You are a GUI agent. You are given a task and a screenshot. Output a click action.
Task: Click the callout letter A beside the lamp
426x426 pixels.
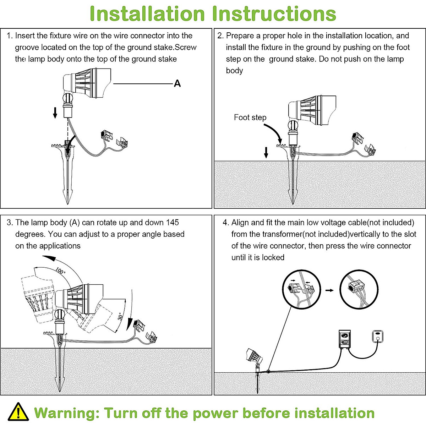coord(177,83)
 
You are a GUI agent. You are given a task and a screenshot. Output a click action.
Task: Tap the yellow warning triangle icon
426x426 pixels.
coord(18,412)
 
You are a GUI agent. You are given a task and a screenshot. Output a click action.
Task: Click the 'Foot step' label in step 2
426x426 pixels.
coord(250,118)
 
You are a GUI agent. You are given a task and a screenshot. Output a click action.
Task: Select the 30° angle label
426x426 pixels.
coord(121,316)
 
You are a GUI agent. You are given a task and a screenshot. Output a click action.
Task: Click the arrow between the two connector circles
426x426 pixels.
coord(330,290)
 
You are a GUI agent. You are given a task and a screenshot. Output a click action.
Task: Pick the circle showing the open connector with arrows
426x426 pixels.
coord(301,290)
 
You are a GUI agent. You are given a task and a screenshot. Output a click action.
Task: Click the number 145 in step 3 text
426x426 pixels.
coord(172,223)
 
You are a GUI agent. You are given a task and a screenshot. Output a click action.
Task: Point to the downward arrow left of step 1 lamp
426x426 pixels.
coord(55,113)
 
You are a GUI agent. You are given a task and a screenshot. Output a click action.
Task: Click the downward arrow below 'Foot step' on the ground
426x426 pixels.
coord(266,153)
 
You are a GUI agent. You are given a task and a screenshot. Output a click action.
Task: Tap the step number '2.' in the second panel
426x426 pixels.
coord(220,35)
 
